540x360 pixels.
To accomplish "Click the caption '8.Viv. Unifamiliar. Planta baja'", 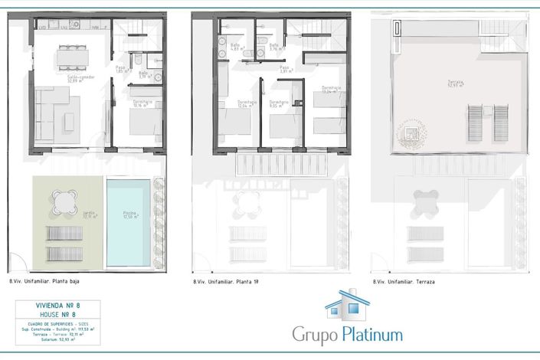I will pos(44,281).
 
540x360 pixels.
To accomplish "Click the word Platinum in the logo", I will pos(373,335).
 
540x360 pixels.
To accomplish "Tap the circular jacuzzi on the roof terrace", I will pos(413,135).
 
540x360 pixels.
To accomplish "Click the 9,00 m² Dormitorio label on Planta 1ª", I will pos(279,104).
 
